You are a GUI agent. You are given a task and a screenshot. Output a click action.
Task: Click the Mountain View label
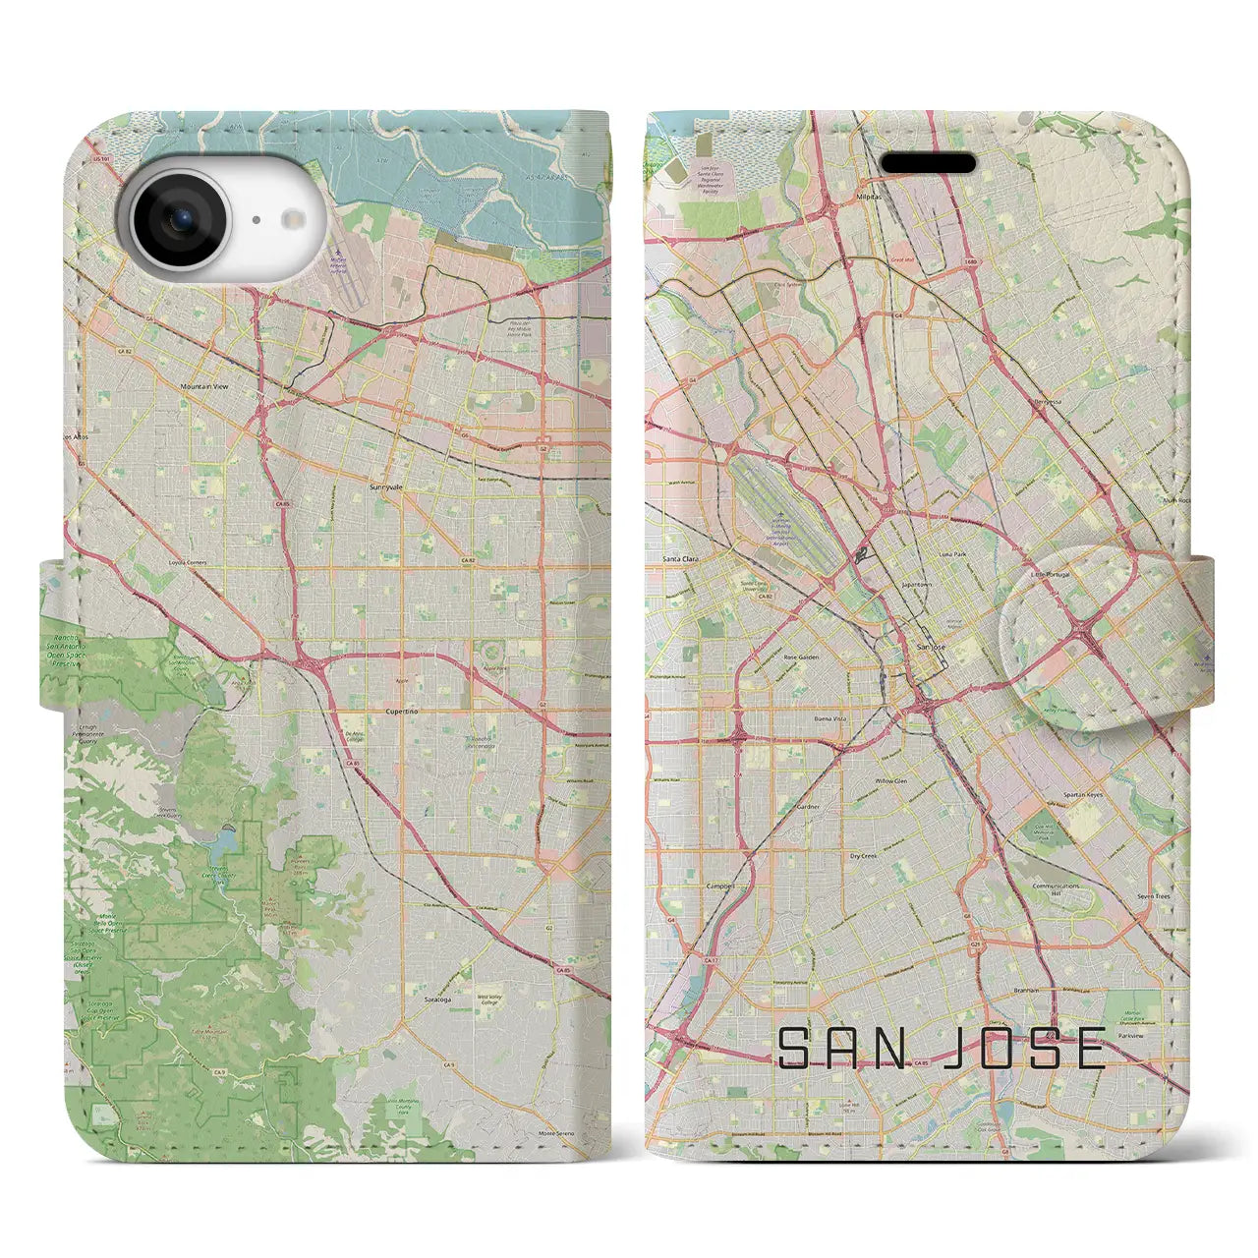point(204,387)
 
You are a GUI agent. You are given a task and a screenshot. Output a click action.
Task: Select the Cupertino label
point(402,711)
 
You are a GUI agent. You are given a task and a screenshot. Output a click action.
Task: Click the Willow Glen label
point(891,781)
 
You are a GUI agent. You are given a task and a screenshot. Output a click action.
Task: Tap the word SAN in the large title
point(841,1050)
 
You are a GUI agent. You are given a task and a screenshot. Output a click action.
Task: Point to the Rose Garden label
point(801,658)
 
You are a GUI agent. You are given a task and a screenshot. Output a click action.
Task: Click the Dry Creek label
point(863,856)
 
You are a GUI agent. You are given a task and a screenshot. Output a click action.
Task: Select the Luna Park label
point(953,554)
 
